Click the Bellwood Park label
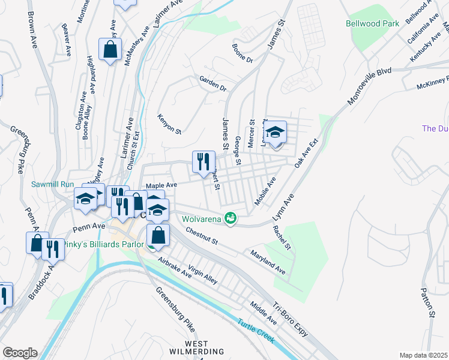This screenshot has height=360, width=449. point(372,24)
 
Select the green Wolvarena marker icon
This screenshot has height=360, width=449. point(229,217)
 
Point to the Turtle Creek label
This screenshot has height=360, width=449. point(256,330)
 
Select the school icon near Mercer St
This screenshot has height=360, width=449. point(276,132)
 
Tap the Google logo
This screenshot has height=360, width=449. point(19,353)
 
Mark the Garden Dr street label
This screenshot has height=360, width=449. point(213,83)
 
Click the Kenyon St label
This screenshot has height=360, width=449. point(169,123)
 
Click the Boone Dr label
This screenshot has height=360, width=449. point(243,52)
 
